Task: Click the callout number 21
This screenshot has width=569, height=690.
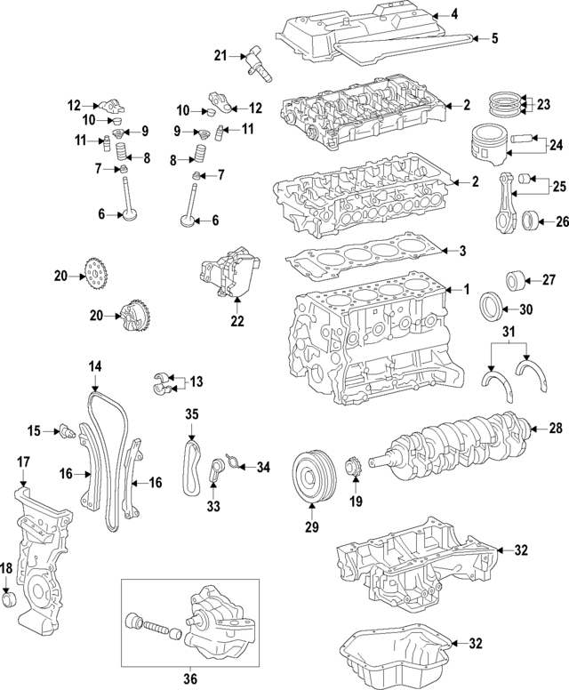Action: (x=220, y=56)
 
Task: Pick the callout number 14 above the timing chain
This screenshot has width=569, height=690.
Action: (x=94, y=365)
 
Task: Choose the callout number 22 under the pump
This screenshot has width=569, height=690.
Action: (x=236, y=320)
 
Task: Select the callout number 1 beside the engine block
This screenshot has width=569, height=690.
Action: (x=464, y=289)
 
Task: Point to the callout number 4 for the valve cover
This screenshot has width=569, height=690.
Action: (x=453, y=13)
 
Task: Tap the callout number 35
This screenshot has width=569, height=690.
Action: (x=191, y=413)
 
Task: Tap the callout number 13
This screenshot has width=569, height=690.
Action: (x=196, y=381)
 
